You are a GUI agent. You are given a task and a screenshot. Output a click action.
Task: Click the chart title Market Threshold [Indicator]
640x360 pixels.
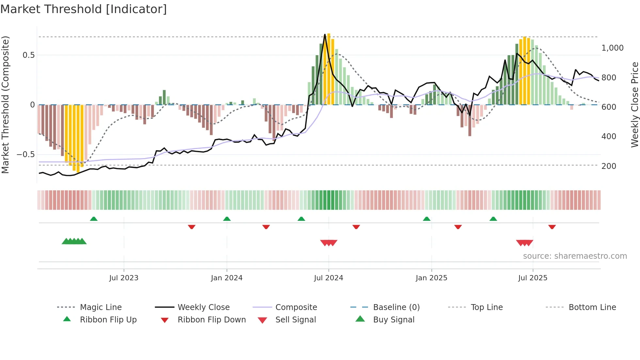click(x=84, y=9)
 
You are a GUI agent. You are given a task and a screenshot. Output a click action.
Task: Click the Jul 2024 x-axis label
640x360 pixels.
click(x=328, y=278)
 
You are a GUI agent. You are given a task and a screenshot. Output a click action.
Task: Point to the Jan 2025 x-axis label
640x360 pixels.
click(x=431, y=278)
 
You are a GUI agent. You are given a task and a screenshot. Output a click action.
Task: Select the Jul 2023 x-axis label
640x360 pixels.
click(x=124, y=278)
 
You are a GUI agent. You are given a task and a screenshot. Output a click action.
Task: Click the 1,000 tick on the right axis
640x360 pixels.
click(x=612, y=48)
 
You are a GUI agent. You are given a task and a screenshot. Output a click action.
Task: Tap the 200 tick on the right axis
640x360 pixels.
click(x=609, y=166)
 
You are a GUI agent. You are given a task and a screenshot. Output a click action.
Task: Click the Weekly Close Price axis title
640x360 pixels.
click(x=634, y=105)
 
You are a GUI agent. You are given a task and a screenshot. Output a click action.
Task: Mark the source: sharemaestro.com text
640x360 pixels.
click(x=575, y=256)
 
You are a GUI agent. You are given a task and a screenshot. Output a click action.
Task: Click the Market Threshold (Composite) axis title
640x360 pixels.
click(x=5, y=105)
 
